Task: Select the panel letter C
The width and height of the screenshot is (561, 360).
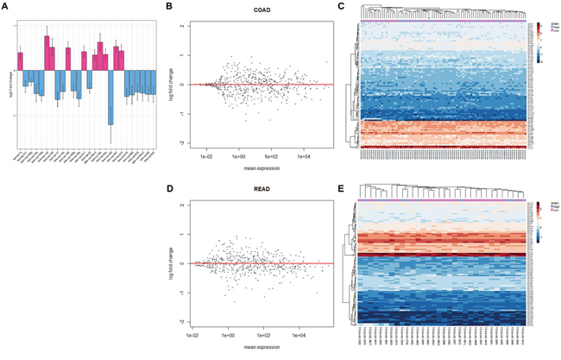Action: tap(342, 6)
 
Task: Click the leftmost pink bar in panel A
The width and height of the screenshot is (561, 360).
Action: tap(20, 61)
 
